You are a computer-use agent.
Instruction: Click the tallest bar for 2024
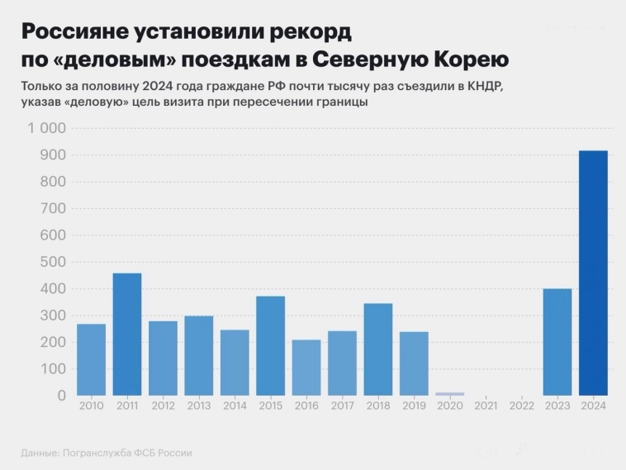(593, 273)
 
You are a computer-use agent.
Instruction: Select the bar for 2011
(127, 334)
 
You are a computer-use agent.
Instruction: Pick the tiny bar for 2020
(450, 394)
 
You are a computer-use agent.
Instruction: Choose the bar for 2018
(378, 349)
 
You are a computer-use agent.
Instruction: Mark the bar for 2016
(306, 367)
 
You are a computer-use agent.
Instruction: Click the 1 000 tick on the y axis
(46, 128)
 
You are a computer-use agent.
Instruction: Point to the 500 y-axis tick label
(52, 262)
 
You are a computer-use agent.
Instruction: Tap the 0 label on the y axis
(61, 396)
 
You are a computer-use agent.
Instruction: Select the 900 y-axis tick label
(52, 155)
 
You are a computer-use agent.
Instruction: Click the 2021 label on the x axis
(486, 405)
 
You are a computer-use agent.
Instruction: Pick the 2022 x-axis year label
(521, 405)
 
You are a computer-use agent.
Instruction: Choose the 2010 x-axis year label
(91, 405)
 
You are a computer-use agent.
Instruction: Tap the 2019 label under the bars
(414, 405)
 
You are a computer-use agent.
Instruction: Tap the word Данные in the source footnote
(40, 453)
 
